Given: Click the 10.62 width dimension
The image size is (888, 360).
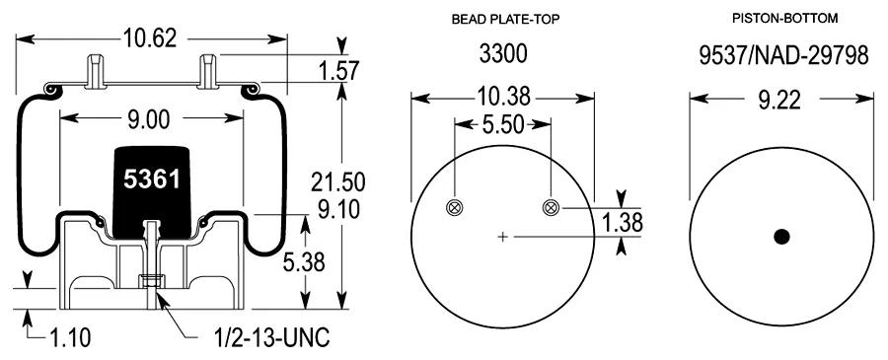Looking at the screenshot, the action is [x=150, y=38].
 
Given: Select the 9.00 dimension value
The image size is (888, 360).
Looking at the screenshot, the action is [x=148, y=119].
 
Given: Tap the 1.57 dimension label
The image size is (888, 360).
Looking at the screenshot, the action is [x=338, y=71].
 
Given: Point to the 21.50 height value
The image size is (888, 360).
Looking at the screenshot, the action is [x=338, y=182].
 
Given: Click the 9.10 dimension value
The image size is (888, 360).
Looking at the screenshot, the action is [x=338, y=210].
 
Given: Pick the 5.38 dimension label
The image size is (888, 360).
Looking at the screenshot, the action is [x=303, y=262].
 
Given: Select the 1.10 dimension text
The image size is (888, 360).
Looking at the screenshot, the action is [x=70, y=338].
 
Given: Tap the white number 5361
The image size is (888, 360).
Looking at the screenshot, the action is [x=152, y=180].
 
